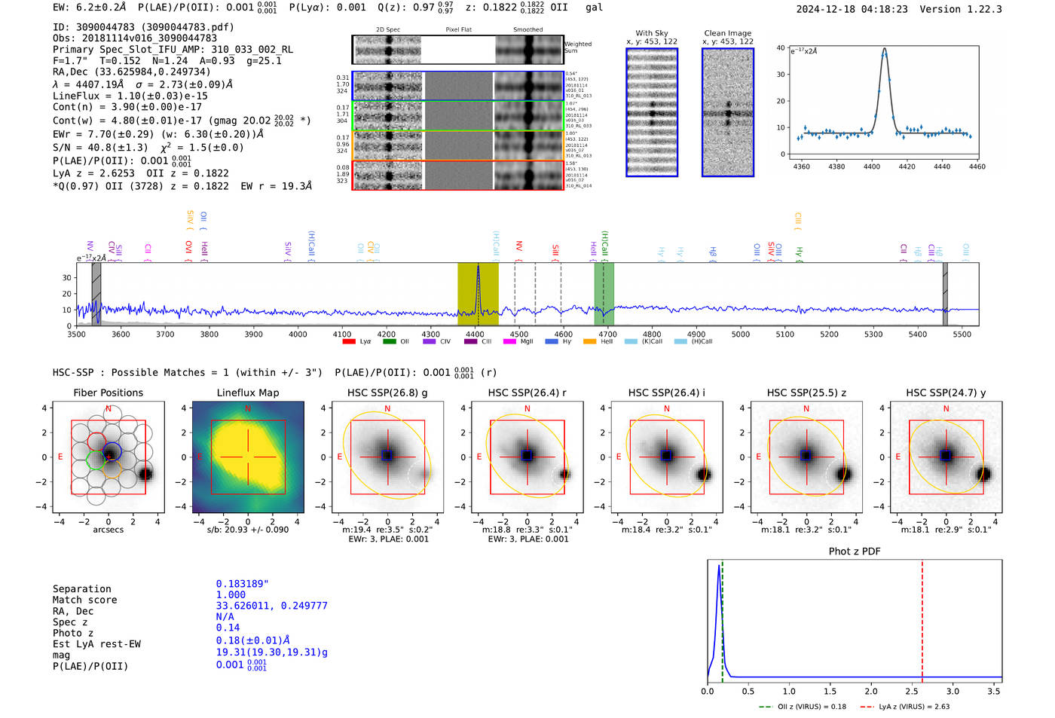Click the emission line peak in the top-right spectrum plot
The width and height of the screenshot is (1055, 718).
click(884, 50)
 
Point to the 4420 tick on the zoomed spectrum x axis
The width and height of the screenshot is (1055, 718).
click(907, 167)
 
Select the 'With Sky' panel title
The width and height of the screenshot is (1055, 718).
click(652, 33)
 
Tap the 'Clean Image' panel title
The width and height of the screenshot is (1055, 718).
click(727, 33)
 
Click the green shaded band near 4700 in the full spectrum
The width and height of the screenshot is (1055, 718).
click(604, 294)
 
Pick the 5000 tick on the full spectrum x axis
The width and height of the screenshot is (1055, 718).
click(741, 334)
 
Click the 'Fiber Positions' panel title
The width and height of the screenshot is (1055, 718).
click(108, 393)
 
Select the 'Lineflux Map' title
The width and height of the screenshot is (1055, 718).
click(247, 393)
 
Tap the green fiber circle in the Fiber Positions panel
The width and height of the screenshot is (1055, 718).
click(96, 459)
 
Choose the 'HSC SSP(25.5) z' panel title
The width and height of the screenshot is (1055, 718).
click(806, 393)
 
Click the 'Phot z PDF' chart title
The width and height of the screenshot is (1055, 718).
click(855, 551)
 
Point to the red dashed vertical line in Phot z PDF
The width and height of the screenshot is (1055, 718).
click(922, 618)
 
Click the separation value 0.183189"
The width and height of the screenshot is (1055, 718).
click(242, 584)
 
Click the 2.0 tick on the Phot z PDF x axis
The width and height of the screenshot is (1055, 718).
click(870, 691)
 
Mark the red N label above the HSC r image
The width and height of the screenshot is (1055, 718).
click(527, 408)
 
